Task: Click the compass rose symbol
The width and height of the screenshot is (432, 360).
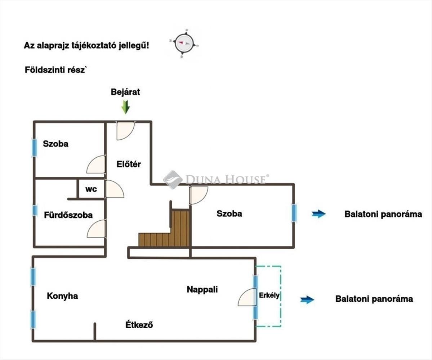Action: [184, 44]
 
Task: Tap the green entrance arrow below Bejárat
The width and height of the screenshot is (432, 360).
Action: [125, 107]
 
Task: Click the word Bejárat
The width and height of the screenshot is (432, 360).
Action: [125, 92]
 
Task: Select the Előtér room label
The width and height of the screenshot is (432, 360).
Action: [129, 165]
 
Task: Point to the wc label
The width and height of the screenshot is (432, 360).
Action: [91, 189]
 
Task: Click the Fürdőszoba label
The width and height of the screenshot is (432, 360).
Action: [68, 215]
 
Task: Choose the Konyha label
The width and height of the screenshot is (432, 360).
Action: [62, 296]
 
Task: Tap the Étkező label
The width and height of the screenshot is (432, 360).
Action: [139, 325]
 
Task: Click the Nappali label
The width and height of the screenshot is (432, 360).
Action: [202, 289]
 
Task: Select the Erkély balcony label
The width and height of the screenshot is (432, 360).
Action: [269, 296]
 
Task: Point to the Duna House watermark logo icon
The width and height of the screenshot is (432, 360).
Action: [173, 179]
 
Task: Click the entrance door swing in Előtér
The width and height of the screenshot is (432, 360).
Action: [124, 130]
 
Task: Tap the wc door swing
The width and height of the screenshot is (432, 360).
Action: [113, 189]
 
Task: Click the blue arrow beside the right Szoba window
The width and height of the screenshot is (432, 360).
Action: [319, 214]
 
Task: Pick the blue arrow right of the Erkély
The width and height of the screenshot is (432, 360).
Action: [307, 300]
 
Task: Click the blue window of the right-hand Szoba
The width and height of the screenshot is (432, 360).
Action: [294, 213]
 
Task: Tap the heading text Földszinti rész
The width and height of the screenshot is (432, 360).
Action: [56, 70]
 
